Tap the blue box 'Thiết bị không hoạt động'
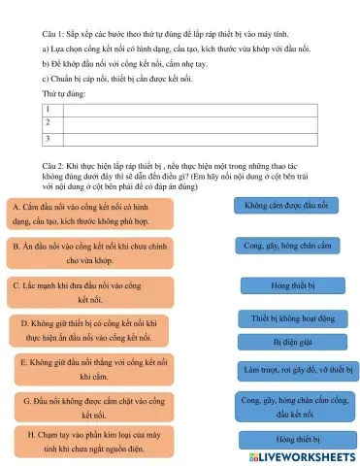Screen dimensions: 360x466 (x=291, y=318)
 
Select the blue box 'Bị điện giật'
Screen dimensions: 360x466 (x=291, y=341)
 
